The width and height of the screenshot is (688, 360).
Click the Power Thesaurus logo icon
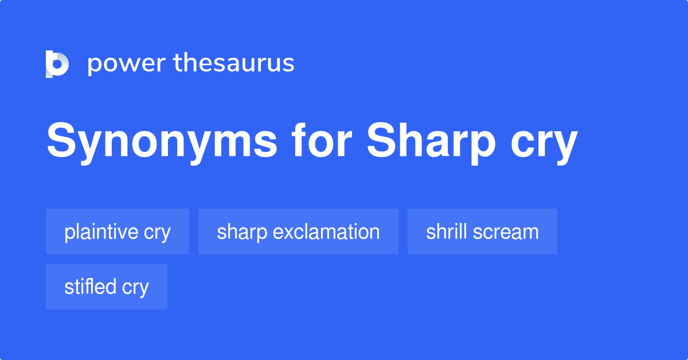pyautogui.click(x=57, y=64)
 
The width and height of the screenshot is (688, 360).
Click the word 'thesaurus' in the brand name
pyautogui.click(x=234, y=64)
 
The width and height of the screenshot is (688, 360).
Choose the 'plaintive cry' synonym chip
pyautogui.click(x=118, y=232)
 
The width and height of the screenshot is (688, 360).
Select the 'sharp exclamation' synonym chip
pyautogui.click(x=298, y=232)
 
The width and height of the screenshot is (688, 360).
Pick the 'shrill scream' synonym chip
pyautogui.click(x=482, y=232)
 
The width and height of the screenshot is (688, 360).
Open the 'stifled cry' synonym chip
pyautogui.click(x=107, y=287)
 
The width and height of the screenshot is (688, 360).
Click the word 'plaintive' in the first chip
pyautogui.click(x=101, y=232)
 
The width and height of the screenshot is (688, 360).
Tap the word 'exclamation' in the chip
pyautogui.click(x=326, y=232)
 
